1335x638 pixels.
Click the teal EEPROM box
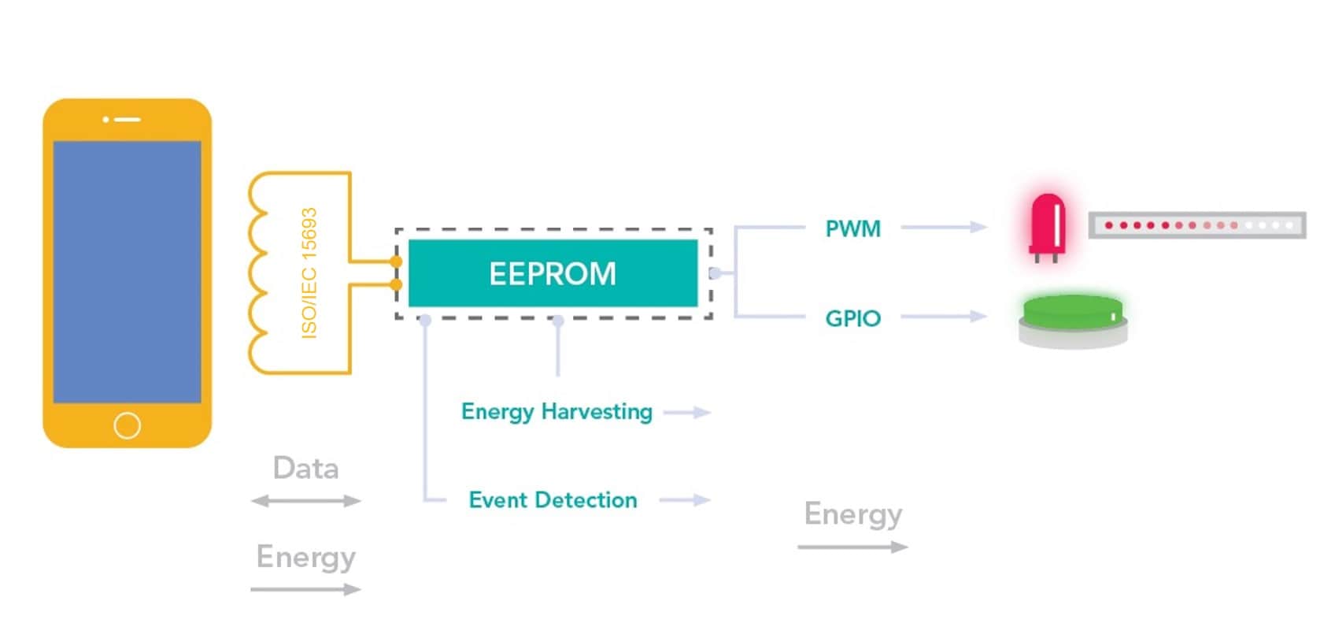553,273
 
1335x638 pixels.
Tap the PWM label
852,228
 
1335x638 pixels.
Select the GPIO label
852,318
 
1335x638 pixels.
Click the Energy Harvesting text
557,412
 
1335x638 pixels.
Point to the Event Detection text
553,500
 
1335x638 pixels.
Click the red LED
1047,224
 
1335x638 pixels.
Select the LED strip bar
1196,225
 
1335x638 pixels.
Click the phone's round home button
127,425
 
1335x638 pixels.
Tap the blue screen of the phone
127,272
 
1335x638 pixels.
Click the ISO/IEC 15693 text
309,273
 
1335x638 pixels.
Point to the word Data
305,469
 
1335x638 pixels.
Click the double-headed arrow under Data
305,501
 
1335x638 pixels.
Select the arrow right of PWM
943,228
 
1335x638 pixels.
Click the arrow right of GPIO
943,317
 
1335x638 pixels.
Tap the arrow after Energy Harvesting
687,413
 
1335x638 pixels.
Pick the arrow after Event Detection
685,500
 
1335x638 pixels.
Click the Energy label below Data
305,557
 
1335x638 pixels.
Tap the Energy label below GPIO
852,514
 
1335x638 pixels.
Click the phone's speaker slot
126,120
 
